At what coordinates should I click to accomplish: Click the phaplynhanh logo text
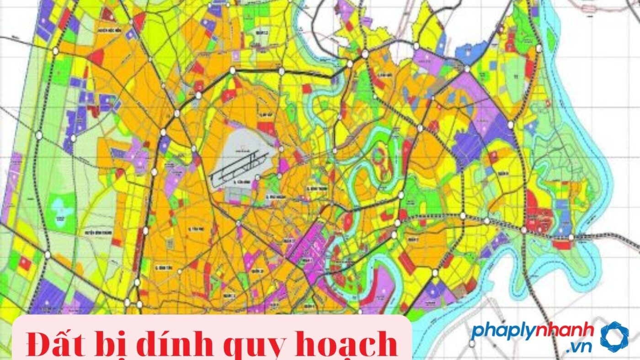pos(533,330)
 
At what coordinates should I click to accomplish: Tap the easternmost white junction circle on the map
pos(571,237)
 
